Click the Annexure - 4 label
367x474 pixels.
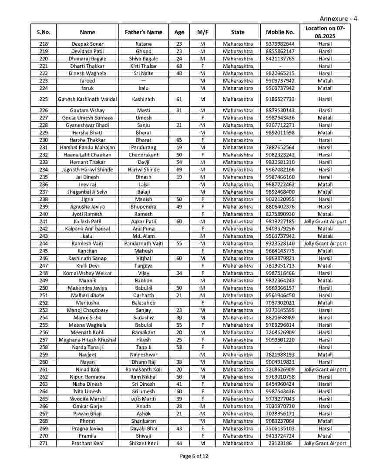(x=338, y=18)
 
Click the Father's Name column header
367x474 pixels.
(x=143, y=32)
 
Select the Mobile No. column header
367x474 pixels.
(x=280, y=32)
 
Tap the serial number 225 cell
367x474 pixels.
(x=44, y=99)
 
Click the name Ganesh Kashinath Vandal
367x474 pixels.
(x=87, y=99)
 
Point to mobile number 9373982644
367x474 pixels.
(x=280, y=44)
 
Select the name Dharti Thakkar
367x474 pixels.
(x=87, y=66)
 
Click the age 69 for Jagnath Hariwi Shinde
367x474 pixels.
(x=179, y=169)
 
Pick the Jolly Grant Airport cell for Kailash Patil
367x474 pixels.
(x=325, y=222)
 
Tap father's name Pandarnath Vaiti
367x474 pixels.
(x=143, y=244)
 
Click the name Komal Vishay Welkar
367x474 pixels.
(x=87, y=273)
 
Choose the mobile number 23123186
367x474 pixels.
(x=280, y=444)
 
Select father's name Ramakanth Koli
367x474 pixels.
(x=143, y=370)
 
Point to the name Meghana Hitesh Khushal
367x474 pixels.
(x=87, y=340)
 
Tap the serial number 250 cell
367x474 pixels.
(x=44, y=288)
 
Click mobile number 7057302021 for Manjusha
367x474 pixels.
(x=280, y=303)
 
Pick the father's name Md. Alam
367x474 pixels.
(x=143, y=236)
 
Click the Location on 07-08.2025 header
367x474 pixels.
(x=325, y=32)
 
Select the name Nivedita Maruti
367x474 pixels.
(x=87, y=399)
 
